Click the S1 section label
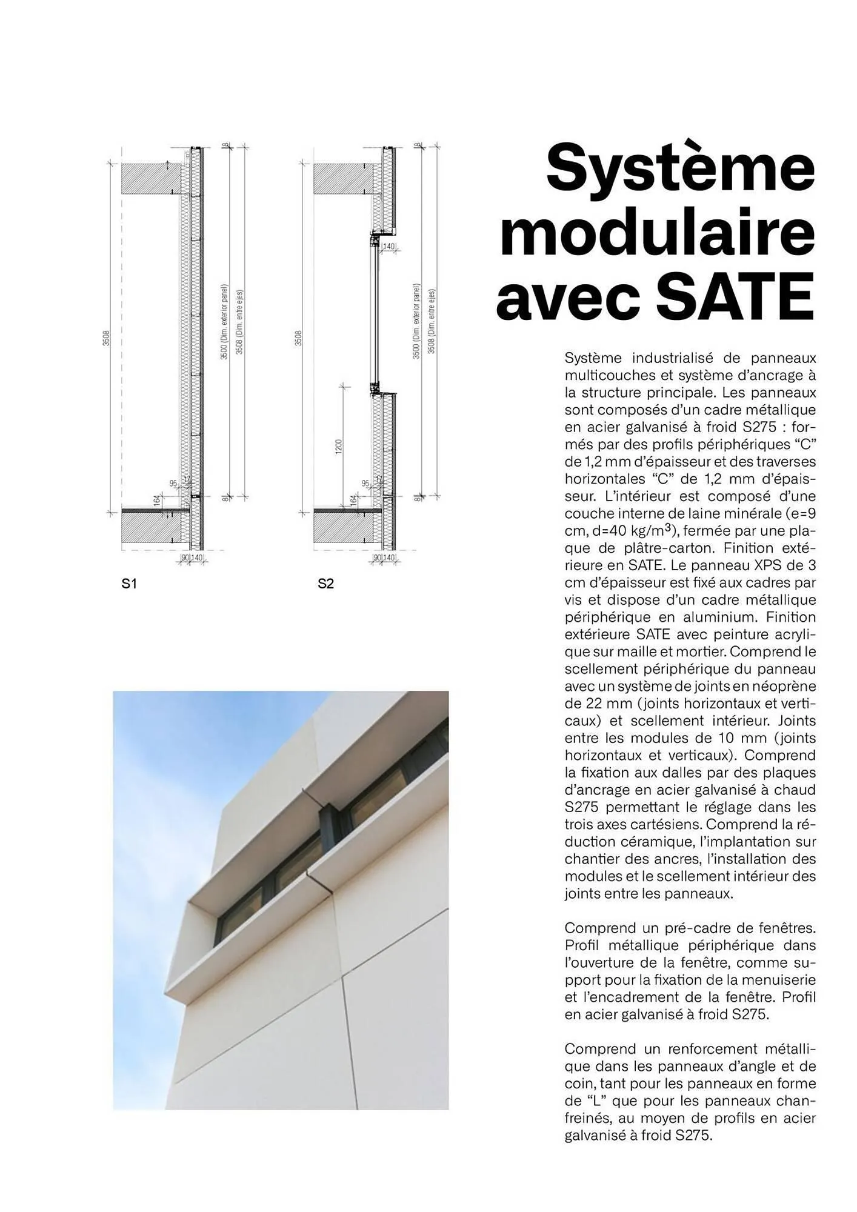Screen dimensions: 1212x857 tap(129, 584)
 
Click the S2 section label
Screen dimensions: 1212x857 tap(325, 584)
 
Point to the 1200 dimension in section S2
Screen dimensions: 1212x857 tap(339, 446)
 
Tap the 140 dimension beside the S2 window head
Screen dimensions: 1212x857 tap(388, 246)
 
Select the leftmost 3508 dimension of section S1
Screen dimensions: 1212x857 tap(105, 337)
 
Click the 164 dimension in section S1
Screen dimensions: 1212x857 tap(156, 501)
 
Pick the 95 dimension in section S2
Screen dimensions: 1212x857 tap(365, 483)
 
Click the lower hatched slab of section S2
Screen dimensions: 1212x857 tap(342, 528)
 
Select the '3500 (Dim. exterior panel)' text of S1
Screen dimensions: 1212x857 tap(224, 321)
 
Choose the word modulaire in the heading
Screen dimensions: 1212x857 tap(657, 233)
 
